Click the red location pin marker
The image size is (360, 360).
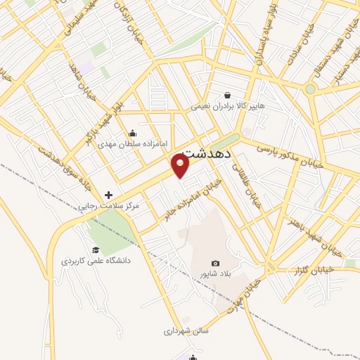(x=181, y=165)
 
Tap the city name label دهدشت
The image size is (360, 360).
(x=207, y=153)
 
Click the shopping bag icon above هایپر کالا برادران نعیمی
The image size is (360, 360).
(x=227, y=95)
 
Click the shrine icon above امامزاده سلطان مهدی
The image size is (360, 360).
(x=133, y=134)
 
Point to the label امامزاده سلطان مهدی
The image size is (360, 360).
(x=133, y=145)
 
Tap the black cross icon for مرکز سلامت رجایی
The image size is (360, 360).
(x=108, y=195)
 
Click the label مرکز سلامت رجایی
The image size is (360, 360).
(x=108, y=207)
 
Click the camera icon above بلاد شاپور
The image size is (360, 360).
(x=215, y=263)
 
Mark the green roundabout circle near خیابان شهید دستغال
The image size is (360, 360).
(x=310, y=89)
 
